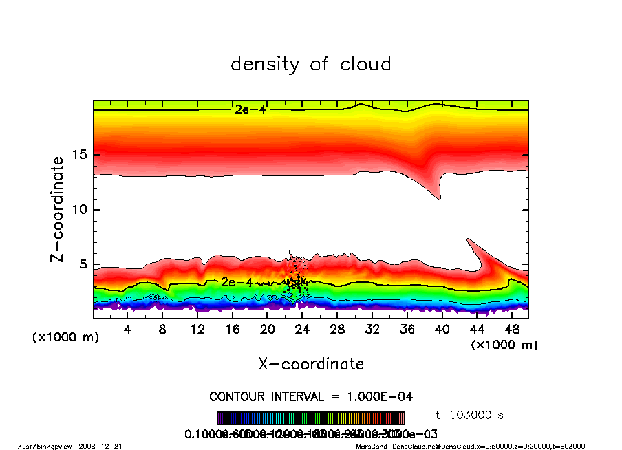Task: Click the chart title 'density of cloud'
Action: pos(311,65)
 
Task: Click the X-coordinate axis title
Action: pos(311,363)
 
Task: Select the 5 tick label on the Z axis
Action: pos(83,264)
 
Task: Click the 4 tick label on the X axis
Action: pos(128,330)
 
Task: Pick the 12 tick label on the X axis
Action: pos(197,330)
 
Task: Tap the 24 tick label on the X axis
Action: pos(302,330)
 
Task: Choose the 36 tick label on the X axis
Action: pos(407,330)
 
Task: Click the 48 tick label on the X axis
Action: pos(511,330)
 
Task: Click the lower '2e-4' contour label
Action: pos(236,282)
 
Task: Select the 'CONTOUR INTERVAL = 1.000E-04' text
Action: pos(311,397)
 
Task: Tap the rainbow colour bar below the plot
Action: pos(311,418)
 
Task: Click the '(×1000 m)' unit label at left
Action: pos(66,337)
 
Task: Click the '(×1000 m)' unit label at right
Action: pos(504,344)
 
